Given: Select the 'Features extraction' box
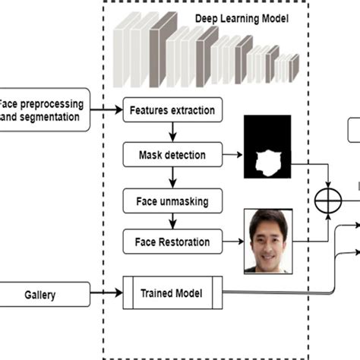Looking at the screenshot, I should click(x=173, y=110).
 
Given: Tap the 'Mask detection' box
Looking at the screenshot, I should click(x=172, y=155).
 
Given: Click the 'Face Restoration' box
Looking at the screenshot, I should click(x=172, y=242).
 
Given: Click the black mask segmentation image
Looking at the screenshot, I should click(x=267, y=147).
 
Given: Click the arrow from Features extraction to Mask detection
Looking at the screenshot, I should click(x=172, y=132).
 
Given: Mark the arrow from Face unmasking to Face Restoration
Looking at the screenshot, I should click(x=172, y=222).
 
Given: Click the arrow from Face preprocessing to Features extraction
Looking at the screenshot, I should click(x=106, y=110).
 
